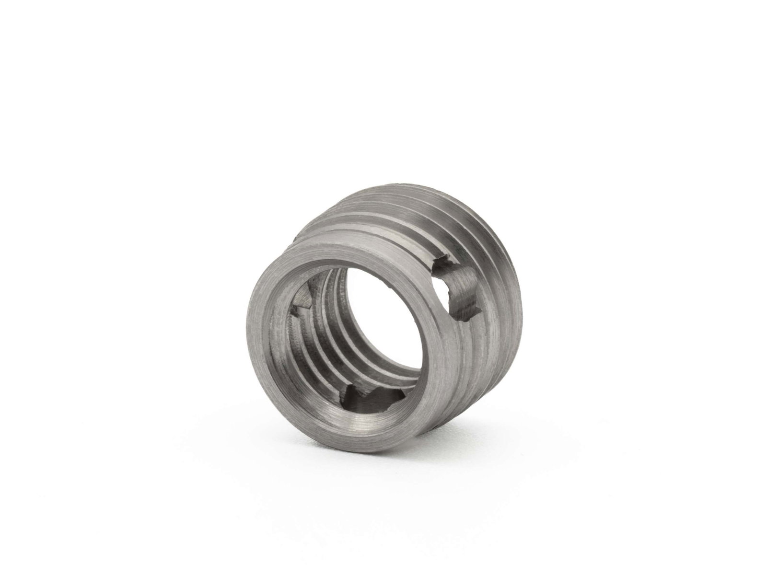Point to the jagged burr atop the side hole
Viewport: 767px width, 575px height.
443,263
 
